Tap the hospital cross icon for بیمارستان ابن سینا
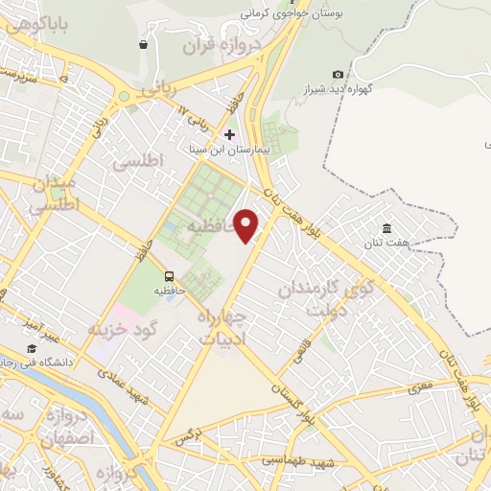point(229,134)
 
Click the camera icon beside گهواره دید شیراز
point(338,75)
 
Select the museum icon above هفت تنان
point(386,228)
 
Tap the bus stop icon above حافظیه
point(169,272)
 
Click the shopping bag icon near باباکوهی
point(144,44)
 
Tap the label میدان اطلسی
point(54,192)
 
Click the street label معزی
point(420,386)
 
